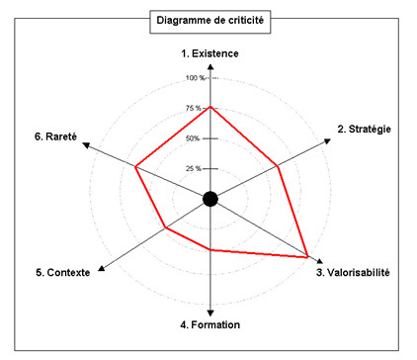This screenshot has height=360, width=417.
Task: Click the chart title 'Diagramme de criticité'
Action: tap(209, 20)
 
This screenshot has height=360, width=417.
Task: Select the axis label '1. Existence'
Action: tap(209, 52)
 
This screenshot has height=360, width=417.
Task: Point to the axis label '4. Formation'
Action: tap(209, 324)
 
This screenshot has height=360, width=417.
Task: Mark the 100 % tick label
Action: tap(194, 78)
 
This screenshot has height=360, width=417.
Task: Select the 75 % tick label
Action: tap(194, 108)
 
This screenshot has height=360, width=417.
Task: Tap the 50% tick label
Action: tap(195, 137)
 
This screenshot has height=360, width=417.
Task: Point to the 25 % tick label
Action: tap(194, 167)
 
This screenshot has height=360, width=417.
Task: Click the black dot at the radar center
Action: tap(209, 199)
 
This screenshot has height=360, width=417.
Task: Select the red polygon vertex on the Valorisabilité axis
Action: tap(308, 256)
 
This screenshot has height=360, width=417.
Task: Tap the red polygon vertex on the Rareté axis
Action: tap(135, 166)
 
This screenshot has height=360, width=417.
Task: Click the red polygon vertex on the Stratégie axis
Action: tap(279, 166)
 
